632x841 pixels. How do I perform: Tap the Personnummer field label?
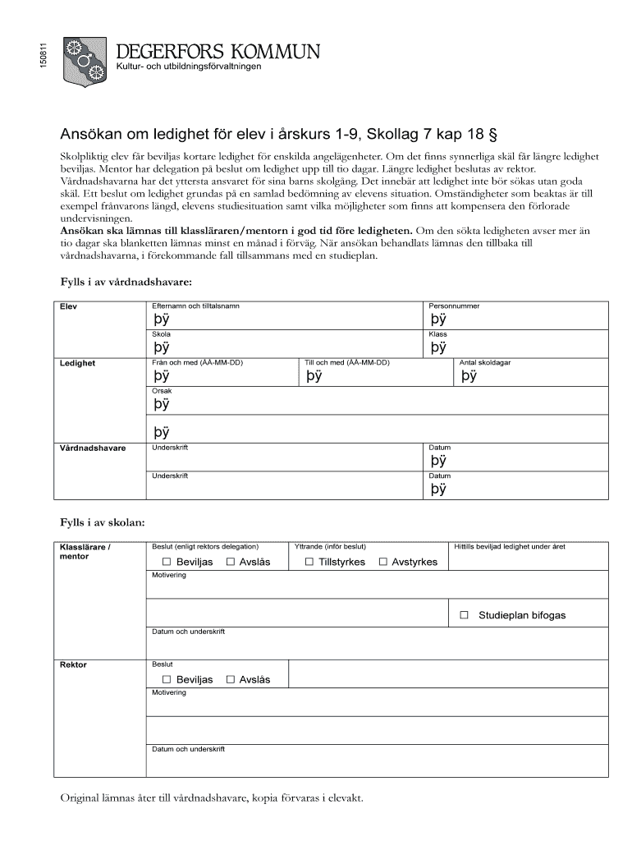tap(454, 306)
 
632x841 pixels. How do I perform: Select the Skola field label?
tap(162, 334)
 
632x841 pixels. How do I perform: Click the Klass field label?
tap(437, 334)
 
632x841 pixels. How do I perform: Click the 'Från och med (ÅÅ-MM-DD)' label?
tap(198, 362)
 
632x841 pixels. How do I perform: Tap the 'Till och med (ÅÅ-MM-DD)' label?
tap(346, 362)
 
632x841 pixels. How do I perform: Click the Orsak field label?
tap(162, 391)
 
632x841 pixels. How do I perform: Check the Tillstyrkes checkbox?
tap(309, 562)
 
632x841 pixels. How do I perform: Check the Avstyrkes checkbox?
tap(383, 562)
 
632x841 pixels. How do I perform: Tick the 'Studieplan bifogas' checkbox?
tap(465, 614)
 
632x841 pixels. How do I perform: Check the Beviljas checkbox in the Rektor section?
tap(167, 679)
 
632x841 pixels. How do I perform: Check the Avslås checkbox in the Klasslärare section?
tap(231, 562)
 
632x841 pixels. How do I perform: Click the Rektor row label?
tap(74, 664)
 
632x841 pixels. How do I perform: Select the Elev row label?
tap(68, 307)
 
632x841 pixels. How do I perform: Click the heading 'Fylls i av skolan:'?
tap(103, 522)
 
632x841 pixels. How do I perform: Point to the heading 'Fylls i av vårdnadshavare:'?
tap(126, 282)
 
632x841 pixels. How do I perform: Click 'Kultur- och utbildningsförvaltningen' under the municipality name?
tap(190, 67)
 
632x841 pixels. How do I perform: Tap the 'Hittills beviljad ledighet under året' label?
tap(510, 546)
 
